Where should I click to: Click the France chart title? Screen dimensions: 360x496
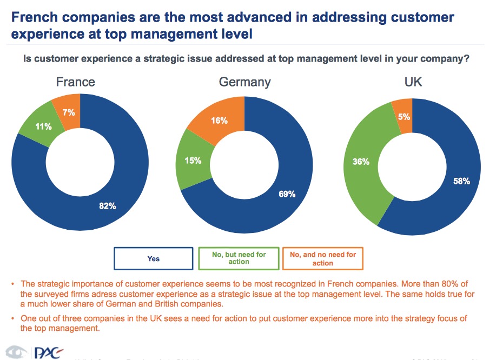(x=76, y=82)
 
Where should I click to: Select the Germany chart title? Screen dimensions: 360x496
(x=244, y=82)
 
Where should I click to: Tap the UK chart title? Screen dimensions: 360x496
(x=413, y=82)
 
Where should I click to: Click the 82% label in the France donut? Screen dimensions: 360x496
(x=108, y=205)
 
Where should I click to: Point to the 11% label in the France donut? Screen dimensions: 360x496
(x=44, y=126)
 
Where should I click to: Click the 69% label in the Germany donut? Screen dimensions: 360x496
(x=287, y=194)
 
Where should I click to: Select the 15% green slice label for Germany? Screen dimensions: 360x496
(x=193, y=161)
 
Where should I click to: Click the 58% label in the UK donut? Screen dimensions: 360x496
(x=461, y=182)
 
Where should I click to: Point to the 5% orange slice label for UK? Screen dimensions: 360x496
(x=404, y=116)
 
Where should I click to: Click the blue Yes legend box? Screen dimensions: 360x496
(x=154, y=258)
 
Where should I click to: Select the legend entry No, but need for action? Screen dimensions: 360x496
(x=239, y=258)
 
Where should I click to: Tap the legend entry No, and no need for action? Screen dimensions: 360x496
(x=323, y=258)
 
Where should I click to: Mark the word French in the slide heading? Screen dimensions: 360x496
(x=34, y=17)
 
